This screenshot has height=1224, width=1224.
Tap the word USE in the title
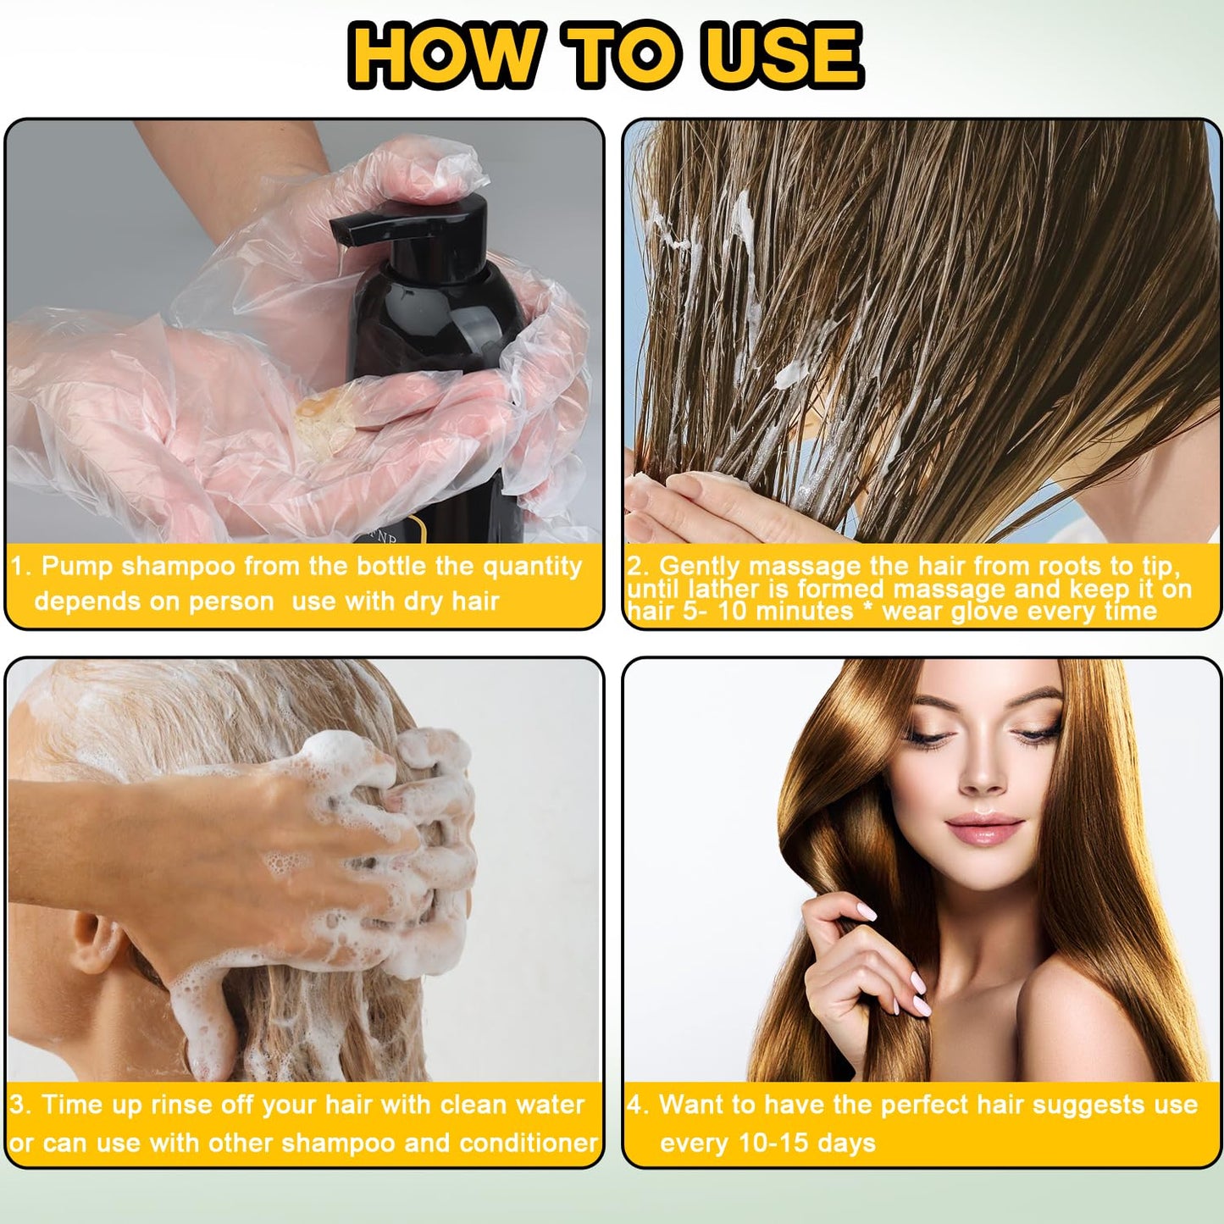click(784, 55)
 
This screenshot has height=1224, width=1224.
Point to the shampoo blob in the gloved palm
click(325, 420)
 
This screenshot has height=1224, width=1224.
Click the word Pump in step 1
click(77, 566)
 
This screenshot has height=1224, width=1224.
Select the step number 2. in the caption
click(639, 566)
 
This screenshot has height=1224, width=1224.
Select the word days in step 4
click(846, 1143)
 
